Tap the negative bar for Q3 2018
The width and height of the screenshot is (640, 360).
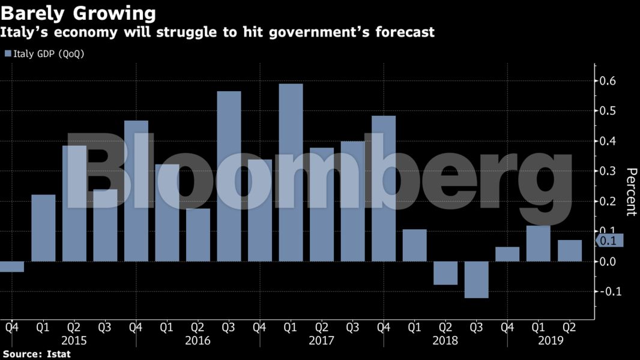(476, 280)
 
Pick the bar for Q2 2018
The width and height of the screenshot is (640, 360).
(445, 273)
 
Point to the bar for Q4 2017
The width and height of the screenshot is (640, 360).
(384, 188)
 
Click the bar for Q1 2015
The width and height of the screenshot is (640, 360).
(43, 228)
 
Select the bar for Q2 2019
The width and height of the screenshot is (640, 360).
(569, 251)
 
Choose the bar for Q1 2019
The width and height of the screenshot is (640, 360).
(538, 244)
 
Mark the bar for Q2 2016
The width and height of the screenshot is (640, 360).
(198, 235)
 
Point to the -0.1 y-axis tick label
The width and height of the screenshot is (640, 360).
(610, 292)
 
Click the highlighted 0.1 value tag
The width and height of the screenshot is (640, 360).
(611, 241)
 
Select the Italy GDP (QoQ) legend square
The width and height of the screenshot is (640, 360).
(7, 54)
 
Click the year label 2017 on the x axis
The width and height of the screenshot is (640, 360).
(322, 340)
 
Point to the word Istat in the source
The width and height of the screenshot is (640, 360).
(58, 354)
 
